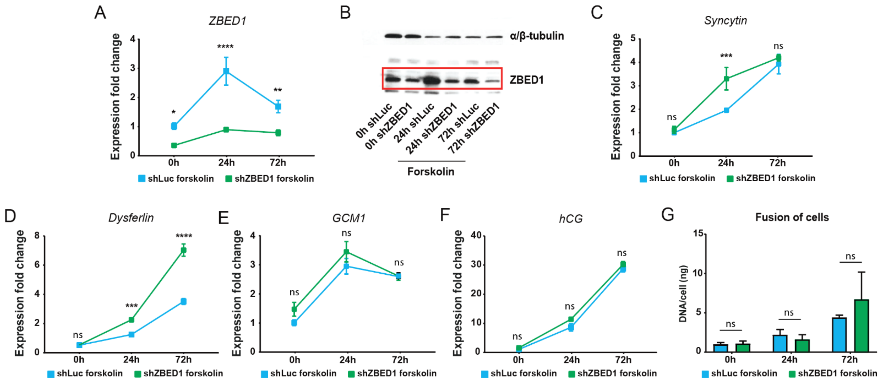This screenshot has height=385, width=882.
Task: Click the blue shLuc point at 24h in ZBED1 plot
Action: tap(226, 71)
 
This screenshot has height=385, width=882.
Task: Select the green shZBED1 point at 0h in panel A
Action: tap(174, 145)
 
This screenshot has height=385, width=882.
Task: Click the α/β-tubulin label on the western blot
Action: tap(537, 36)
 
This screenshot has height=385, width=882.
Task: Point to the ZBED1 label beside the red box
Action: tap(526, 80)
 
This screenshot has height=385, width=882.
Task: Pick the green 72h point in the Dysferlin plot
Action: tap(184, 250)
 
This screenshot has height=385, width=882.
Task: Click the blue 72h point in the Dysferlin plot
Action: tap(184, 301)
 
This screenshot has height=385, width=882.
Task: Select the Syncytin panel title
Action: tap(725, 21)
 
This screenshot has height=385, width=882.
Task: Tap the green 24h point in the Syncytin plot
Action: tap(726, 79)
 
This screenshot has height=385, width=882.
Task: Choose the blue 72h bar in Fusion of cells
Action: tap(839, 335)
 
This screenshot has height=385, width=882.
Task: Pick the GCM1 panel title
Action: tap(349, 218)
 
